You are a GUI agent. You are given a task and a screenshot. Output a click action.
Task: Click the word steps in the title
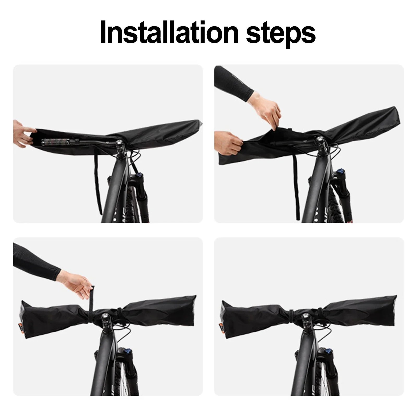[x=281, y=33]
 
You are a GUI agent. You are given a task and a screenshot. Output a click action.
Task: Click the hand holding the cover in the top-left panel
[x=24, y=133]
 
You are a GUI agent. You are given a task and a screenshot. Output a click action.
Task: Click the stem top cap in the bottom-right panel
[x=306, y=317]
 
